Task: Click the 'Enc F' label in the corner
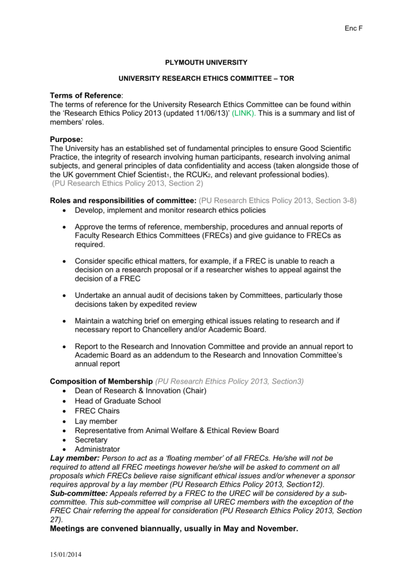tap(354, 28)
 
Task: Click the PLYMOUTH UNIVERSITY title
tap(206, 61)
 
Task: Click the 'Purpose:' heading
tap(67, 139)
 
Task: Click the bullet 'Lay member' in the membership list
tap(96, 421)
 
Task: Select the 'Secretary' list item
tap(91, 440)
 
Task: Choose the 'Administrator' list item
tap(97, 449)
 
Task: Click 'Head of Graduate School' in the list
tap(118, 401)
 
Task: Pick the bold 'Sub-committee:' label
tap(79, 493)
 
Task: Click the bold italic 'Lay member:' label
tap(75, 458)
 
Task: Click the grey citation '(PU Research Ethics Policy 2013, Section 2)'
tap(127, 184)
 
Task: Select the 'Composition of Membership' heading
tap(101, 381)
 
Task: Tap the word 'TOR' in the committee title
tap(287, 79)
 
